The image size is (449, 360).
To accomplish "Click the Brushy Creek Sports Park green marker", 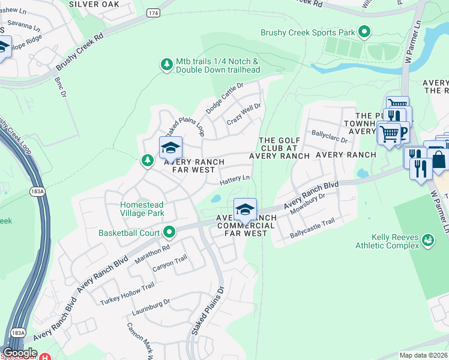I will point(364,31).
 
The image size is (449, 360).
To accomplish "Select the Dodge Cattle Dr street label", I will point(224,98).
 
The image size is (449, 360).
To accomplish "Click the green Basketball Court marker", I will point(170,232).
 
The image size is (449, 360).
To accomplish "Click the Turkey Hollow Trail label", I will point(127,292).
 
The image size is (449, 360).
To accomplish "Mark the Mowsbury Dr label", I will point(307,203).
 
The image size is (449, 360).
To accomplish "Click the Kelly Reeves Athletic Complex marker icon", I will point(427,241).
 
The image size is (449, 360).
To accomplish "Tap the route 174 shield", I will point(152,12).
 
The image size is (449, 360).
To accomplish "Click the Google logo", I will point(20,353).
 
